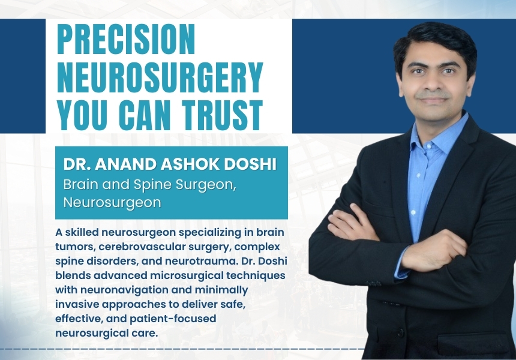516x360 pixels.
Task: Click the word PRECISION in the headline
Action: pyautogui.click(x=126, y=40)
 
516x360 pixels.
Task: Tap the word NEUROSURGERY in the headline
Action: pyautogui.click(x=160, y=77)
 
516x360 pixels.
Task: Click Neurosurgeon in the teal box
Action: pyautogui.click(x=112, y=202)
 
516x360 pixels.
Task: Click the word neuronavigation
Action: pyautogui.click(x=136, y=290)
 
